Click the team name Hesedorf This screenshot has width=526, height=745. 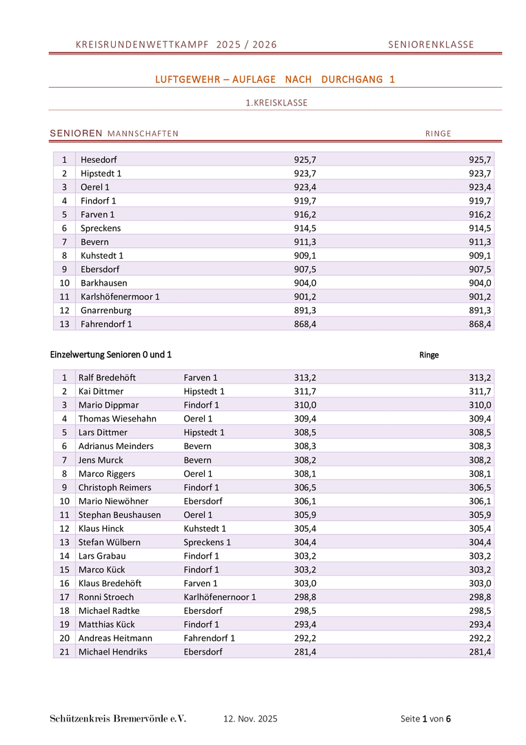click(99, 159)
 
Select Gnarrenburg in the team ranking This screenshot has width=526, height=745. click(105, 310)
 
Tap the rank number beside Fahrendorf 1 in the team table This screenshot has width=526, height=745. click(64, 324)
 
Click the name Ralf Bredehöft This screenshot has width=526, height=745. click(107, 377)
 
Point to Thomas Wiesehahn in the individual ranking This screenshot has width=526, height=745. click(117, 419)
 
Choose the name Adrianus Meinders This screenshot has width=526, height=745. click(116, 446)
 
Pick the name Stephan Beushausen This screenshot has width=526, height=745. click(119, 515)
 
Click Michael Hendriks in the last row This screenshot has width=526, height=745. click(112, 652)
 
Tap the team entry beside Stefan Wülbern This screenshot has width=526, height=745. click(207, 542)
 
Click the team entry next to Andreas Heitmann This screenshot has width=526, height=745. click(209, 638)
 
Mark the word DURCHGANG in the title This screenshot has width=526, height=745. click(352, 79)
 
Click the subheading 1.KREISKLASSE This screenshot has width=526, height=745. click(276, 103)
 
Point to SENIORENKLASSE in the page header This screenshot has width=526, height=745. click(431, 45)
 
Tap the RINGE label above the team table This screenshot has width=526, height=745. click(438, 134)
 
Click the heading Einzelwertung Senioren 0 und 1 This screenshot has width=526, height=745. click(111, 355)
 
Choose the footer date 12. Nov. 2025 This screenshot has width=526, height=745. click(250, 719)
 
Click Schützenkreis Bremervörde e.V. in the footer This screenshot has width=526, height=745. click(118, 719)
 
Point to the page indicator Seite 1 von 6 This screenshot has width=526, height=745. click(425, 719)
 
